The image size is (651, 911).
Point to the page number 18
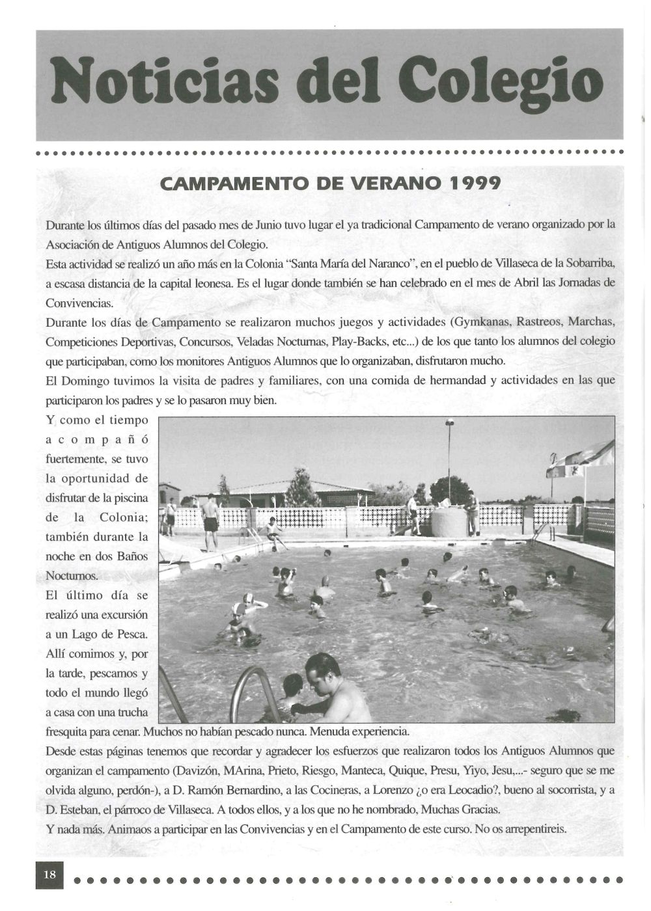50,875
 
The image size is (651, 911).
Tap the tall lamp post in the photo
449,455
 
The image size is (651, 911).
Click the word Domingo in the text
83,381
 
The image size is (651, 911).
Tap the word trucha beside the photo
132,712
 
